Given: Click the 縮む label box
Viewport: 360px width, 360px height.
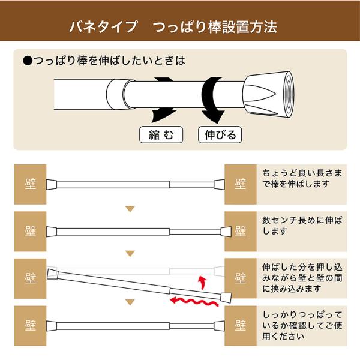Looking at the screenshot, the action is click(161, 134).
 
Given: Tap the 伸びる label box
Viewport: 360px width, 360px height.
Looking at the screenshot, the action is click(220, 134).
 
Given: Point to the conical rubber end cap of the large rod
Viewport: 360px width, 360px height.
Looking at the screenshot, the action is click(269, 94).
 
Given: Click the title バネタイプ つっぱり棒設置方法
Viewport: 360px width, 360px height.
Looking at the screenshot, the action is click(173, 27).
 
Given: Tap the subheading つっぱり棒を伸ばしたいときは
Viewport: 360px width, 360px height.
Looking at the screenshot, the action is click(104, 61).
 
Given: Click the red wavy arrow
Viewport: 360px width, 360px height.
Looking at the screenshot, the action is click(194, 302).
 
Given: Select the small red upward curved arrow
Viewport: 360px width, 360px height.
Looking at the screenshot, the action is click(202, 283).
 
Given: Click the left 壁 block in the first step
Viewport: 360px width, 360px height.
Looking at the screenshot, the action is click(31, 184).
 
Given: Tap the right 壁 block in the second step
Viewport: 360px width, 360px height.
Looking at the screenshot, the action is click(241, 232).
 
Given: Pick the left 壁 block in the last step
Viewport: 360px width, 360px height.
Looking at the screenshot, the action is click(31, 326).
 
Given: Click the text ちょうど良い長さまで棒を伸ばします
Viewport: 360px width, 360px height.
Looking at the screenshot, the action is click(302, 178).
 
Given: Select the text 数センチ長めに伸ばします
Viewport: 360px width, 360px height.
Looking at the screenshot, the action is click(302, 226).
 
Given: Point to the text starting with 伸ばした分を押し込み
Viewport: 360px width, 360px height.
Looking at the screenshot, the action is click(302, 278).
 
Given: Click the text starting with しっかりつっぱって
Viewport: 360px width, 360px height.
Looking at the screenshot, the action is click(302, 325).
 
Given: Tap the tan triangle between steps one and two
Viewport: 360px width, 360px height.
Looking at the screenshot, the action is click(130, 209).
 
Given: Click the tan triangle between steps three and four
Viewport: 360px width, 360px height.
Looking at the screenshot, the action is click(130, 303).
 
